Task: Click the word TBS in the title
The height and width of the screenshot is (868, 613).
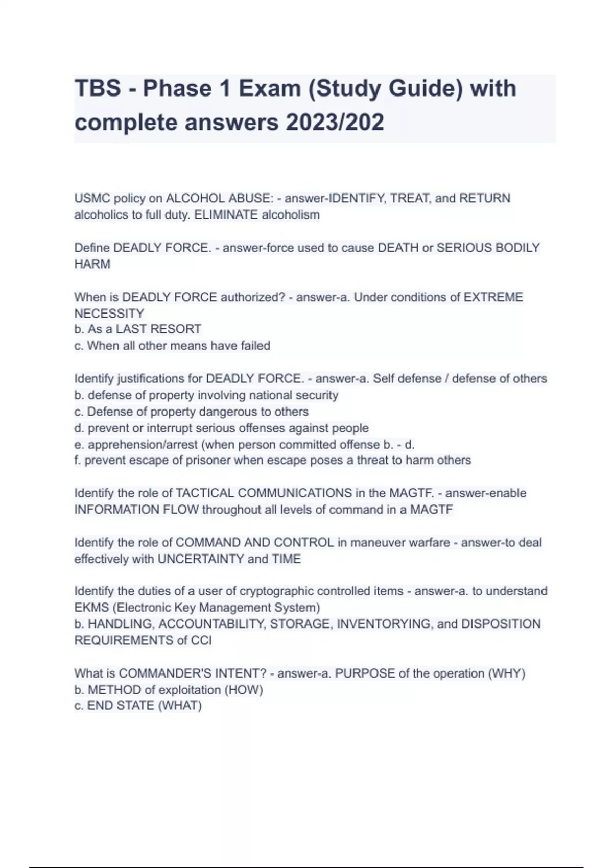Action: coord(98,88)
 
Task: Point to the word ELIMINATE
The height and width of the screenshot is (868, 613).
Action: coord(226,215)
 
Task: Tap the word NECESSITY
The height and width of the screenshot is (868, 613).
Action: coord(109,314)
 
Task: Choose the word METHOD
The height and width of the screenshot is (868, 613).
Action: coord(114,690)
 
